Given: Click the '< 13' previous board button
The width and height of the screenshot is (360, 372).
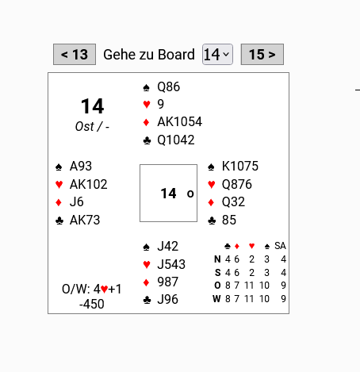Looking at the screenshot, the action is click(75, 54).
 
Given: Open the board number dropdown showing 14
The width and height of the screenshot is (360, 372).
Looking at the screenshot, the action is click(217, 54).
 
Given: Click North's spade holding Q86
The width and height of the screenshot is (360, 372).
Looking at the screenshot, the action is click(168, 86).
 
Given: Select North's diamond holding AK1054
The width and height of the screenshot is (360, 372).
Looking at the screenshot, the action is click(179, 121).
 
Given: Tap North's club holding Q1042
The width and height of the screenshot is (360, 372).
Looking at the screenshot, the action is click(176, 140).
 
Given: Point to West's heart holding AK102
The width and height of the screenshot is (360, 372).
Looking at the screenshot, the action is click(88, 184).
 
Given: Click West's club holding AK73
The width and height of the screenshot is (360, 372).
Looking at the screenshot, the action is click(85, 220).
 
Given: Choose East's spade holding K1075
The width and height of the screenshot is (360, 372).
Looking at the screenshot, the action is click(240, 166).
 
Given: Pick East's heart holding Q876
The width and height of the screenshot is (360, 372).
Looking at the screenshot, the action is click(237, 184).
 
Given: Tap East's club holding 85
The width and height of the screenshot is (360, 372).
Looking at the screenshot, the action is click(229, 220).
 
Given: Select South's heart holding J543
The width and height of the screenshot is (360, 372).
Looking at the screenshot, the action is click(171, 264).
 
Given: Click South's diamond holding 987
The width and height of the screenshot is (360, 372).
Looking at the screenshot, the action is click(167, 282).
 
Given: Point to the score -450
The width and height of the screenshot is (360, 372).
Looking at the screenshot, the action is click(92, 304).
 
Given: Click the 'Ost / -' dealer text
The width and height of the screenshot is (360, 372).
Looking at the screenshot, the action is click(92, 126).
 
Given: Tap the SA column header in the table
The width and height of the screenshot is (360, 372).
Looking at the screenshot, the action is click(280, 246).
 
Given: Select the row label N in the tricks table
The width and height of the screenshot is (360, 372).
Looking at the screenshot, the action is click(217, 259).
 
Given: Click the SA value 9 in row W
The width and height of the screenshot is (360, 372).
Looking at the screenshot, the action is click(283, 299).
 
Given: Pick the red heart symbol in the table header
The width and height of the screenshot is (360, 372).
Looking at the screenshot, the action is click(251, 246).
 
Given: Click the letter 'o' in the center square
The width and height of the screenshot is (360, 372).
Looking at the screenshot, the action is click(190, 194).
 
